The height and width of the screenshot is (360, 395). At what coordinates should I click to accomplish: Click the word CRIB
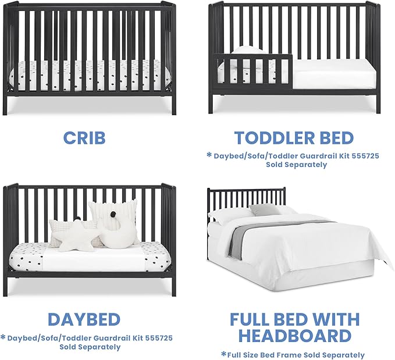click(84, 137)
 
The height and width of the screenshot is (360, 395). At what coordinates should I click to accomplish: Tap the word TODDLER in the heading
click(269, 138)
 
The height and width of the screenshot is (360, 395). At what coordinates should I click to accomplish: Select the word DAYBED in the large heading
click(84, 319)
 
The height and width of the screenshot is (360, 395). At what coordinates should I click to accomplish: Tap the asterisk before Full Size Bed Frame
click(223, 354)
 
